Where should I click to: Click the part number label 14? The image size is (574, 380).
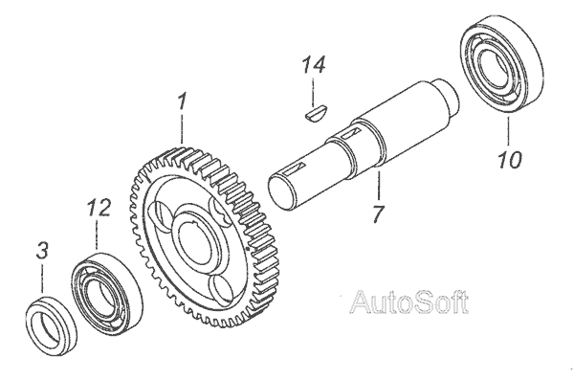pyautogui.click(x=314, y=65)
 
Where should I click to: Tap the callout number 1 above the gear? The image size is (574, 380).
pyautogui.click(x=182, y=102)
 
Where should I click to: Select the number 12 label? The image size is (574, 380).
pyautogui.click(x=99, y=208)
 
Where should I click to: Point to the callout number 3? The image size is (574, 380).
pyautogui.click(x=42, y=251)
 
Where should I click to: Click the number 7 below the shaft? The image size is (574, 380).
pyautogui.click(x=378, y=213)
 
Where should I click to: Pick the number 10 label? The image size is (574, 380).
pyautogui.click(x=509, y=160)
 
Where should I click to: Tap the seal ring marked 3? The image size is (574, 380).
pyautogui.click(x=52, y=326)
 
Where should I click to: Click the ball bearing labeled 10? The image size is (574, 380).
pyautogui.click(x=501, y=65)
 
